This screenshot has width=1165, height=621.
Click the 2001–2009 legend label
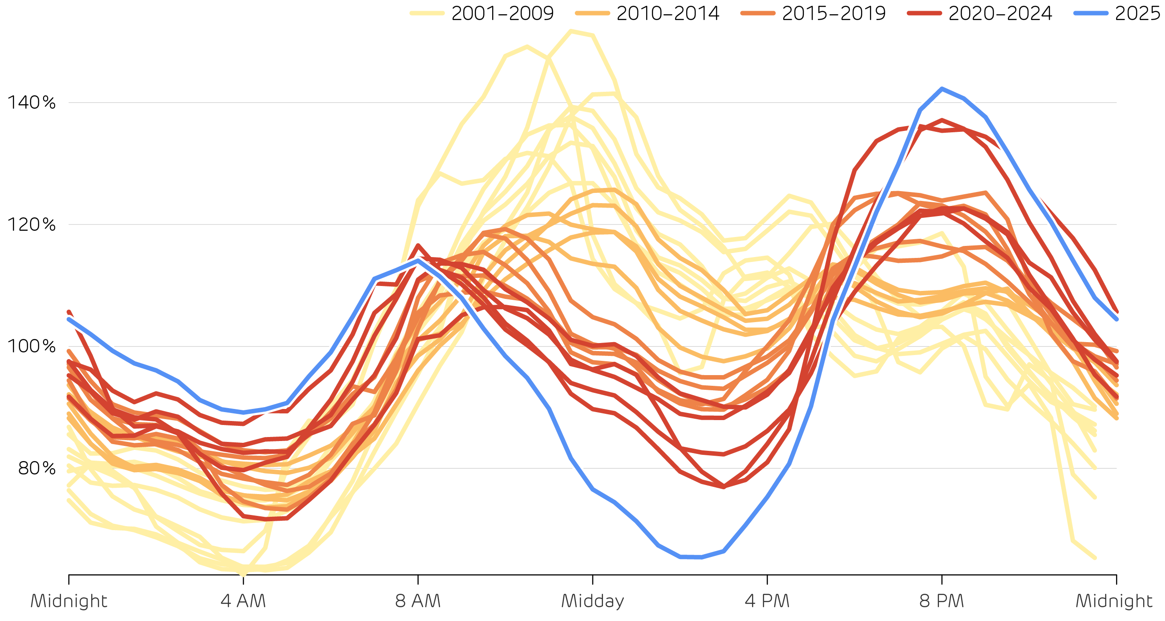[x=502, y=13]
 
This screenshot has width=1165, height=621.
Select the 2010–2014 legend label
[x=667, y=13]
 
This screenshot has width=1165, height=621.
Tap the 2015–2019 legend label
[x=833, y=13]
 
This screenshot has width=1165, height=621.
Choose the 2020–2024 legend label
[x=1000, y=13]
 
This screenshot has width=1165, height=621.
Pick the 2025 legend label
[x=1137, y=13]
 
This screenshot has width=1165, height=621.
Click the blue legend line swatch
[x=1091, y=13]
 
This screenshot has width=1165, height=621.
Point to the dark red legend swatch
[x=924, y=13]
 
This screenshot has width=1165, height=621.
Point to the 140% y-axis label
[x=31, y=103]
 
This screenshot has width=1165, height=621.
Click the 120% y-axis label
[x=31, y=225]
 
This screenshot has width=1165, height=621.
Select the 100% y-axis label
[x=31, y=346]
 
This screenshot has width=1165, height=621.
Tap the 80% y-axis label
[x=36, y=468]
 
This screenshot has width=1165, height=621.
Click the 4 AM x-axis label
[x=243, y=601]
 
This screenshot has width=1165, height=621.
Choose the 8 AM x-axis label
[x=418, y=601]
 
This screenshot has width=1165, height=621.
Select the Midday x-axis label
[x=592, y=601]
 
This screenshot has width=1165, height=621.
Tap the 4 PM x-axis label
[x=767, y=601]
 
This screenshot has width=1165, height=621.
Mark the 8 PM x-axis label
[x=942, y=601]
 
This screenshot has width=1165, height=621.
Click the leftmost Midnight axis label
[x=69, y=601]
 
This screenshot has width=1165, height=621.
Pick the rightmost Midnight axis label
[x=1113, y=601]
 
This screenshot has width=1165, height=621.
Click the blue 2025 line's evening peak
[x=942, y=89]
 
